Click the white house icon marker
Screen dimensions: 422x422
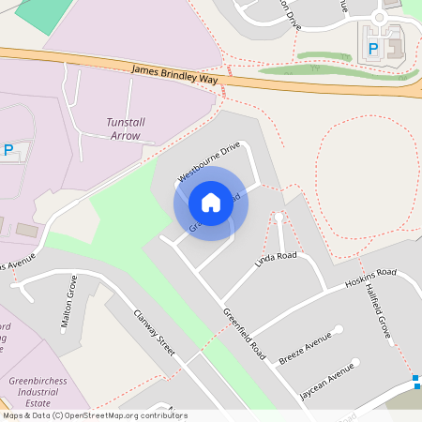click(211, 203)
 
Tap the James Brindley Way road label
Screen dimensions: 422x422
click(174, 75)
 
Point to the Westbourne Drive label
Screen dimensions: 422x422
click(209, 161)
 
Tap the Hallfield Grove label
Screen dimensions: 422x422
click(379, 313)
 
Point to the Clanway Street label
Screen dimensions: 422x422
click(155, 334)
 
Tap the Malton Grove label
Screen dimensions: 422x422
click(67, 302)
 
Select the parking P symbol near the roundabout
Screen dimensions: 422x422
click(373, 48)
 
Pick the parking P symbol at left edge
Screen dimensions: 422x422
click(8, 149)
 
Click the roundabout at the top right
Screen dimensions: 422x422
click(380, 18)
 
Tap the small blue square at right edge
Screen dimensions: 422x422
click(416, 379)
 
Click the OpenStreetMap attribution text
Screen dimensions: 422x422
click(95, 415)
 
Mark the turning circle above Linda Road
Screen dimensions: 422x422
click(278, 218)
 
